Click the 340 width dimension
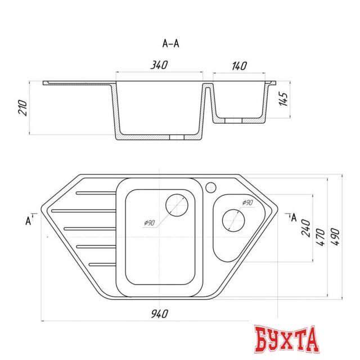point(159,66)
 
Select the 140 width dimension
point(239,66)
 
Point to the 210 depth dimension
point(23,109)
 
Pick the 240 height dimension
point(306,228)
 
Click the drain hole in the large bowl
point(178,205)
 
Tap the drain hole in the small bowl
point(232,221)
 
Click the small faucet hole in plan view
point(211,186)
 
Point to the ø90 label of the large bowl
point(149,223)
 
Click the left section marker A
point(28,220)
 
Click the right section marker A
point(292,218)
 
